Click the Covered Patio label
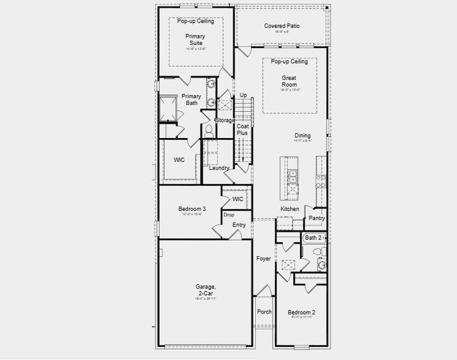coord(282,26)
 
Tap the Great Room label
coord(289,81)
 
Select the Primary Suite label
coord(195,40)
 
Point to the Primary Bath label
coord(191,100)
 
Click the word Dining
coord(302,135)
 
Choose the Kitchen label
coord(289,209)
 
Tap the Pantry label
coord(316,218)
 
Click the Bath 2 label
coord(313,238)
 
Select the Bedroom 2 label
coord(301,313)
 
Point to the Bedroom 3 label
coord(190,209)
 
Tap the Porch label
coord(264,312)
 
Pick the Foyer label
coord(264,259)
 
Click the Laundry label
coord(219,168)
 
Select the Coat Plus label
coord(242,130)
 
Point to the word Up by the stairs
coord(243,95)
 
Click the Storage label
coord(225,120)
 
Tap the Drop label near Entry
coord(228,215)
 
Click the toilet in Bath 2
coord(322,264)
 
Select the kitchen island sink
coord(292,176)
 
